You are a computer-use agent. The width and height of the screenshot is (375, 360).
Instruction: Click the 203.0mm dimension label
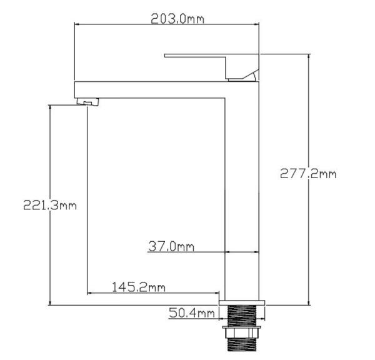click(177, 19)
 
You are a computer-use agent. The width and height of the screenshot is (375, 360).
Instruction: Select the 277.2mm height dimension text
click(307, 174)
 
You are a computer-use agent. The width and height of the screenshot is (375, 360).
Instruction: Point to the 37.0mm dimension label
click(171, 246)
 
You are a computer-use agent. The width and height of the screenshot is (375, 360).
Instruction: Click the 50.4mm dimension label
click(191, 312)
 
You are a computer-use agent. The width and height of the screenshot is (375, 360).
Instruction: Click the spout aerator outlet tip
click(87, 102)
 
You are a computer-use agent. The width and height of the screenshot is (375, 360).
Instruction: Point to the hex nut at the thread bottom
click(242, 344)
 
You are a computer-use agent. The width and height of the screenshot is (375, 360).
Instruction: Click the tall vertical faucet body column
click(242, 187)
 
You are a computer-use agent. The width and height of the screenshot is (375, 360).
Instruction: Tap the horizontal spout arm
click(150, 89)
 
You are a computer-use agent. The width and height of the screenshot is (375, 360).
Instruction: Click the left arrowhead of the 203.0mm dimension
click(77, 24)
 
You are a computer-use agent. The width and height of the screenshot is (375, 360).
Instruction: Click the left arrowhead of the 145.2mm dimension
click(90, 292)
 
